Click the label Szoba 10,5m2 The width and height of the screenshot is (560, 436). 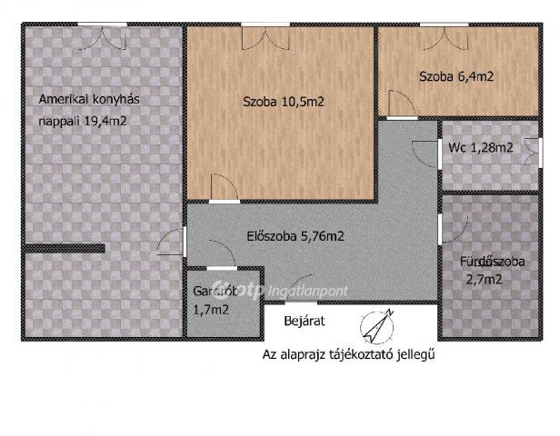click(x=284, y=102)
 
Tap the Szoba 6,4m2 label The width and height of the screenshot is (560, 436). click(x=456, y=77)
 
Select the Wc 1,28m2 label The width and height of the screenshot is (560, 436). click(x=480, y=147)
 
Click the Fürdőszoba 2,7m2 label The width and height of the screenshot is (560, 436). click(x=493, y=271)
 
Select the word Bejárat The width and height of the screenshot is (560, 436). click(x=304, y=322)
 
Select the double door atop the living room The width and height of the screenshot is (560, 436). click(x=101, y=34)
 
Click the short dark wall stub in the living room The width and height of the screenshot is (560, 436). click(x=65, y=248)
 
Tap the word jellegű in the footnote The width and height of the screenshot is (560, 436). click(x=414, y=354)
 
